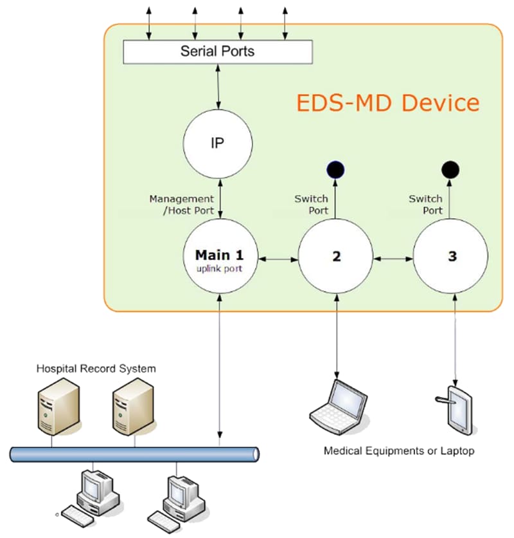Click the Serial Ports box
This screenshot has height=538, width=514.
pyautogui.click(x=217, y=51)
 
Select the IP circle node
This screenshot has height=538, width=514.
pyautogui.click(x=217, y=144)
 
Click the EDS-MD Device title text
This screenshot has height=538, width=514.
pyautogui.click(x=387, y=103)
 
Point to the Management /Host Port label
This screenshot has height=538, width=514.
pyautogui.click(x=181, y=204)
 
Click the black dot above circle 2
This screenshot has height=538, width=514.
pyautogui.click(x=335, y=170)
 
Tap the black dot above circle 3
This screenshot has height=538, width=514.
pyautogui.click(x=450, y=170)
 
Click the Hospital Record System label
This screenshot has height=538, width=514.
pyautogui.click(x=96, y=369)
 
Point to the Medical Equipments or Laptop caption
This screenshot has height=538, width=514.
pyautogui.click(x=398, y=451)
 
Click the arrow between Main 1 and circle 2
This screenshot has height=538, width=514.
pyautogui.click(x=278, y=259)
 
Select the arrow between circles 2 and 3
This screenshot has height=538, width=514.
pyautogui.click(x=393, y=259)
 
